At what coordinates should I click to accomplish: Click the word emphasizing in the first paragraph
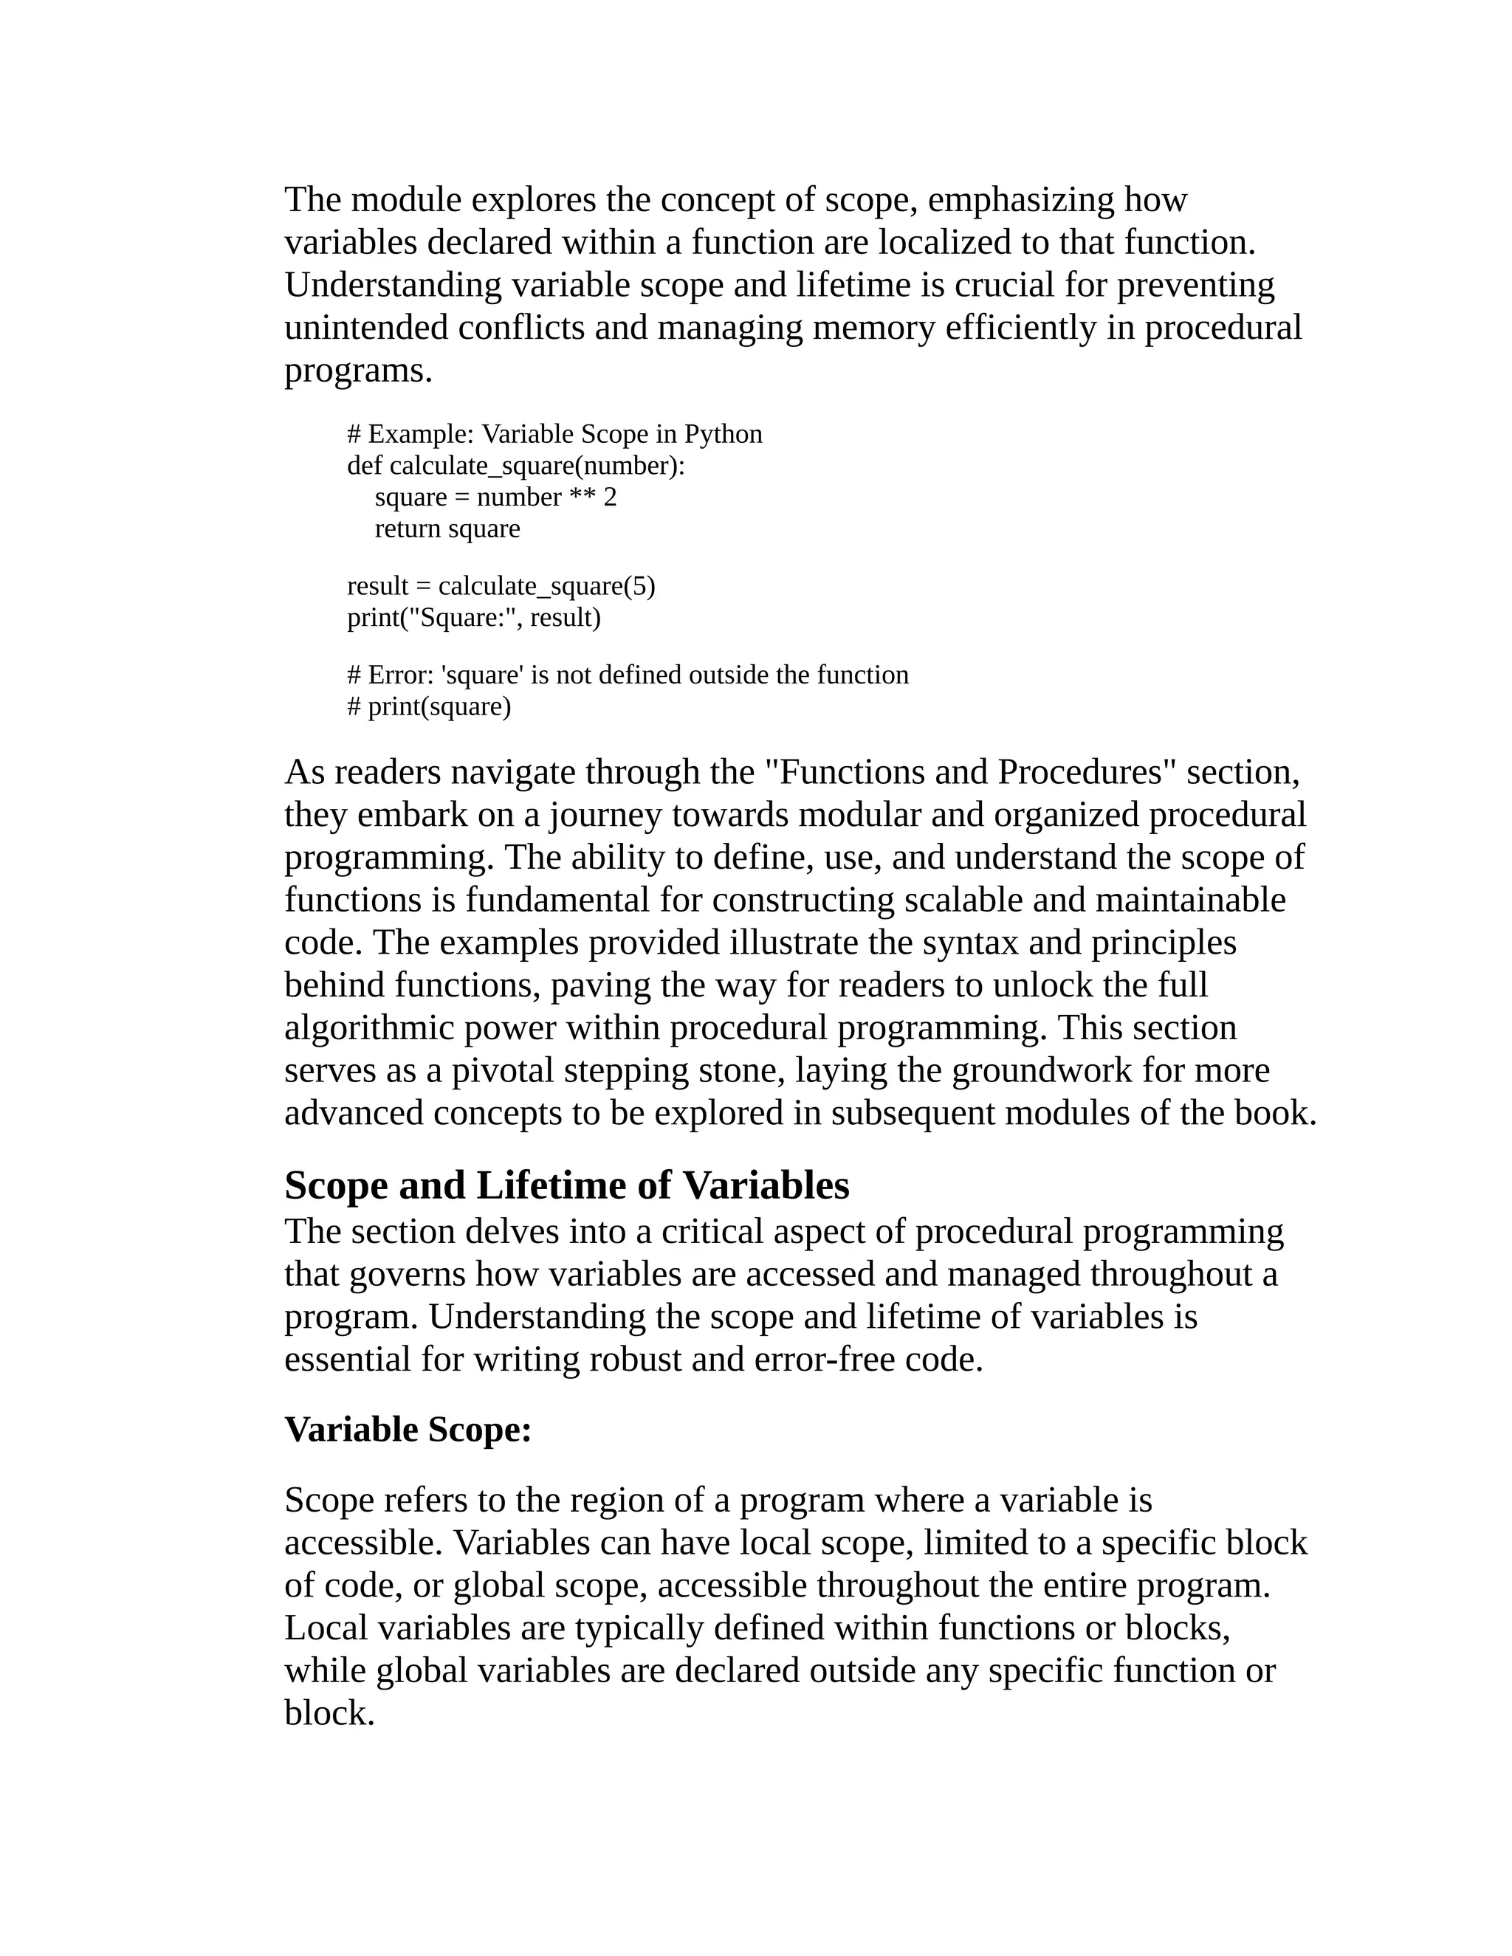tap(1020, 200)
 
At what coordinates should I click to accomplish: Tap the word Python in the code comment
tap(723, 434)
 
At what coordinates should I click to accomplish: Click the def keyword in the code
tap(365, 466)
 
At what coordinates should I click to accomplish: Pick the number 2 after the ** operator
tap(610, 497)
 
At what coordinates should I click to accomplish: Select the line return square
tap(447, 528)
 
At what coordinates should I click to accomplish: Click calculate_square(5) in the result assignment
tap(546, 586)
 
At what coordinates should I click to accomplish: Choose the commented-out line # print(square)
tap(429, 706)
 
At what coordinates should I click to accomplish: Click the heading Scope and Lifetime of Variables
tap(567, 1186)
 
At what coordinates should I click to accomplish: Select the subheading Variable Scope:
tap(408, 1430)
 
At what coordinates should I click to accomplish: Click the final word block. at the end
tap(329, 1713)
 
